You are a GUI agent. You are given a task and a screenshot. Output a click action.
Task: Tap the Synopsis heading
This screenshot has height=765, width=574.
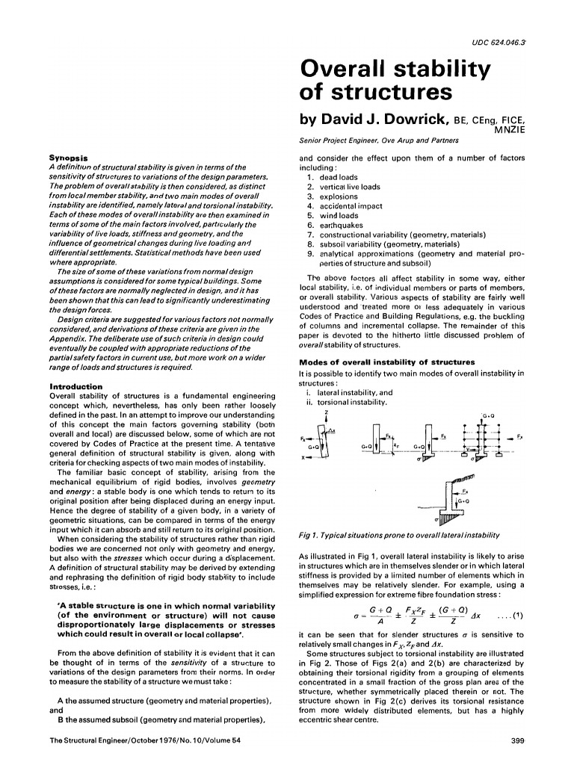pyautogui.click(x=68, y=158)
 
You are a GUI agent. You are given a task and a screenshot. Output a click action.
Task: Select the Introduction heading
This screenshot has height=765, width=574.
pyautogui.click(x=75, y=386)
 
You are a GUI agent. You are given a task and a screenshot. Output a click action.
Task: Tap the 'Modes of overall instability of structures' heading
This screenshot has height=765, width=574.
pyautogui.click(x=381, y=362)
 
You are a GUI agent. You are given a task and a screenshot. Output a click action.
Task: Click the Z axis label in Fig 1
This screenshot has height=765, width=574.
pyautogui.click(x=327, y=412)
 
